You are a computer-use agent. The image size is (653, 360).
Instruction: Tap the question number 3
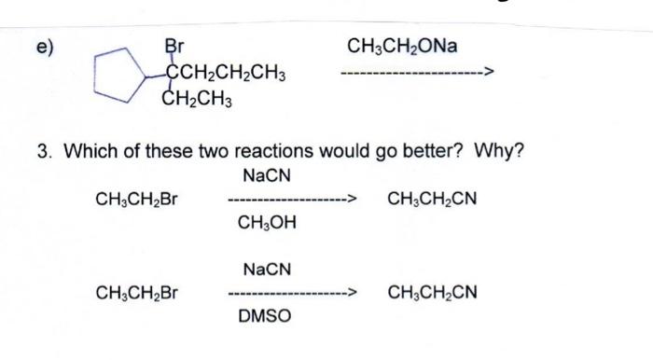tap(43, 151)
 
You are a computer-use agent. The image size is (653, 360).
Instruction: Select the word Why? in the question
tap(502, 151)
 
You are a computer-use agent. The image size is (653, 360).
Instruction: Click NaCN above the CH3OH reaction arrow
tap(267, 175)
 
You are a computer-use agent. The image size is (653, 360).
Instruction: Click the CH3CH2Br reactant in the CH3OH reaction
tap(138, 199)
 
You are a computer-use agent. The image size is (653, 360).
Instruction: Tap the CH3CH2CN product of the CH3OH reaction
tap(431, 199)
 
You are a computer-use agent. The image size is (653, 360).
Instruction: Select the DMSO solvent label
tap(265, 317)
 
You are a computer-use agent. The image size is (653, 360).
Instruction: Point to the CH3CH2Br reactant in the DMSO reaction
tap(138, 293)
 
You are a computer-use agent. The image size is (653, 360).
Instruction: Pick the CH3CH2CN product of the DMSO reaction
tap(431, 293)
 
